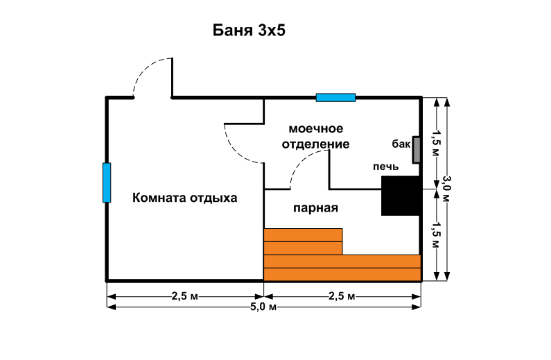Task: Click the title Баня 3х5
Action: coord(249,31)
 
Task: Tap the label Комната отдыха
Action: coord(185,198)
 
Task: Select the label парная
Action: coord(315,208)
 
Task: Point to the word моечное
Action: coord(316,129)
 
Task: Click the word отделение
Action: coord(316,144)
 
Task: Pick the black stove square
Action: coord(401,196)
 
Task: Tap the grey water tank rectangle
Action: coord(417,150)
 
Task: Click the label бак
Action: coord(401,144)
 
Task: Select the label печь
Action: coord(386,166)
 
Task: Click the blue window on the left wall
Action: coord(107,182)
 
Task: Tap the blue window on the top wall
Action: coord(335,97)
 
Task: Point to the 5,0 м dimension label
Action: coord(263,307)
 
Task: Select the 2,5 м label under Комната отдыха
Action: coord(185,296)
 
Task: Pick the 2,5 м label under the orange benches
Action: coord(342,296)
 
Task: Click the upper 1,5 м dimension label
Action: coord(437,143)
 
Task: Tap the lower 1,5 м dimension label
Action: coord(437,235)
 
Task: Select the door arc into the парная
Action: coord(309,169)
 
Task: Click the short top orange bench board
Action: coord(303,235)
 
